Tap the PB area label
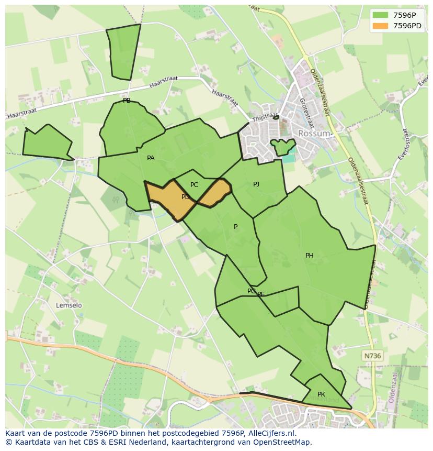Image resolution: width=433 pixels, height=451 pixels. coord(127,101)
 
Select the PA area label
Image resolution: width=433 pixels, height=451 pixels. coord(151,158)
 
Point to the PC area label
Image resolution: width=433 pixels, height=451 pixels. coord(194,185)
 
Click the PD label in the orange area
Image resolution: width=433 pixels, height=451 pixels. coord(185,197)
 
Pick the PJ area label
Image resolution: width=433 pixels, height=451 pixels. coord(256,184)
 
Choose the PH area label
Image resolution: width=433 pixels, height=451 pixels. coord(310,256)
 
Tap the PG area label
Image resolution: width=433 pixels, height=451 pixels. coord(251,291)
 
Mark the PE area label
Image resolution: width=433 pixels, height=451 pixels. coord(261,294)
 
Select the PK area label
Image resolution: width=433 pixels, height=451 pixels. coord(321,394)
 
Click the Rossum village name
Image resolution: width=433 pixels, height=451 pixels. coord(314,134)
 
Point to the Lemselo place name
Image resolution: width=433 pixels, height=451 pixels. coord(69,305)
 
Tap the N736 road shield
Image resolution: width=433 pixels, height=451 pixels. coord(372,356)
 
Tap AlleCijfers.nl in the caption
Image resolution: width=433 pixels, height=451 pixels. coord(271,433)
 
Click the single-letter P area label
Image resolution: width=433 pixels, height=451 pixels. coord(235,227)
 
